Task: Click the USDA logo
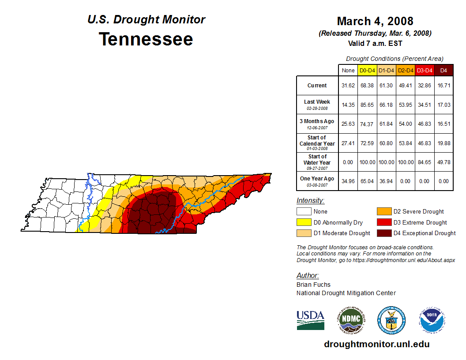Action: [310, 320]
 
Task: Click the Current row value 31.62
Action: [348, 86]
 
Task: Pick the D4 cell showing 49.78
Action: [444, 162]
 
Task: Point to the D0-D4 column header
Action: [367, 70]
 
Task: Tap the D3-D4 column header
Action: [425, 70]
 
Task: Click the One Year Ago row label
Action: [317, 179]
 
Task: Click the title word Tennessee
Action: [146, 39]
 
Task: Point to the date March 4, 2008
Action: [375, 21]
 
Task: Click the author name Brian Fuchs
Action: [313, 285]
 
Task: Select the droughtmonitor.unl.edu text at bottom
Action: [376, 344]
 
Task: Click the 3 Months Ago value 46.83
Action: [425, 124]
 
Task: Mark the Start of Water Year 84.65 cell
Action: [425, 162]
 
